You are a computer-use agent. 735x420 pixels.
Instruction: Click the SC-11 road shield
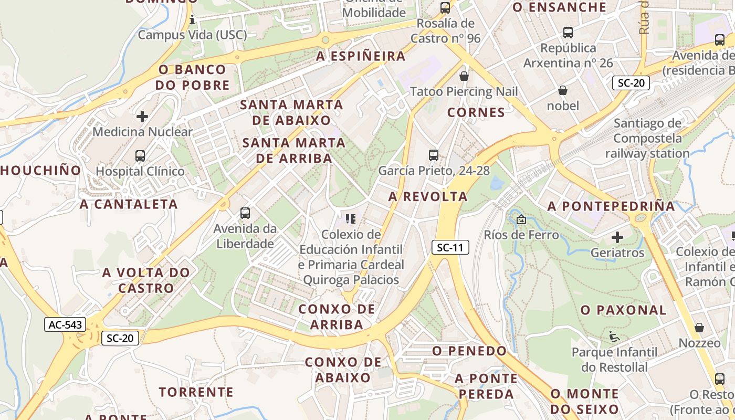click(x=450, y=248)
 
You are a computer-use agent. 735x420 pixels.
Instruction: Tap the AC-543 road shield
click(x=65, y=324)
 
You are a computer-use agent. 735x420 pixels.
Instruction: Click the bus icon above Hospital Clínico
click(x=140, y=156)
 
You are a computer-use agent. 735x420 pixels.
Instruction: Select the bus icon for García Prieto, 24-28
click(x=433, y=155)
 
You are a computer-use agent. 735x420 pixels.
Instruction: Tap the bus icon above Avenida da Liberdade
click(x=245, y=213)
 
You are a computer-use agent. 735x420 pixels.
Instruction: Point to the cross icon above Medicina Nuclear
click(x=142, y=116)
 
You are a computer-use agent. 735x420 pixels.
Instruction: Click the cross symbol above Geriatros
click(x=617, y=237)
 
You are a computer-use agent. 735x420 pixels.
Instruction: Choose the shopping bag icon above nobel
click(x=563, y=90)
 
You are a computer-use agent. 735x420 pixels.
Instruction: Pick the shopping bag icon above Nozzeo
click(x=699, y=328)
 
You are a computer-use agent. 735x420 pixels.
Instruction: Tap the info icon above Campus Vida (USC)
click(x=192, y=20)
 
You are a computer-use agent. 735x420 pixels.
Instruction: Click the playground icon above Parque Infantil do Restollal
click(x=614, y=335)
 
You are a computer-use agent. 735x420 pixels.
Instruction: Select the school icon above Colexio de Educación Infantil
click(x=350, y=218)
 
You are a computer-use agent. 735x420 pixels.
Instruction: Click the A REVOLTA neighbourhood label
click(x=428, y=196)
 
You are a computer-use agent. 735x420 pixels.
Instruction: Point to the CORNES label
click(x=476, y=112)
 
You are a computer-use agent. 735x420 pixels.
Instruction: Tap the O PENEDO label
click(x=470, y=350)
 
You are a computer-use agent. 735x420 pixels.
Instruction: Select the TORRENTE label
click(x=196, y=392)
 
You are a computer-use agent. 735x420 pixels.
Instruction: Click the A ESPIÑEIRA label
click(x=361, y=56)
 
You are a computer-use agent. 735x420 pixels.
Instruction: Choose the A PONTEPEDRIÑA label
click(x=611, y=206)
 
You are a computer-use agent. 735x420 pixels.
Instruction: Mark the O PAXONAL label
click(x=623, y=310)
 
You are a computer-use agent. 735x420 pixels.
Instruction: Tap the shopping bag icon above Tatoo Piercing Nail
click(x=464, y=76)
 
